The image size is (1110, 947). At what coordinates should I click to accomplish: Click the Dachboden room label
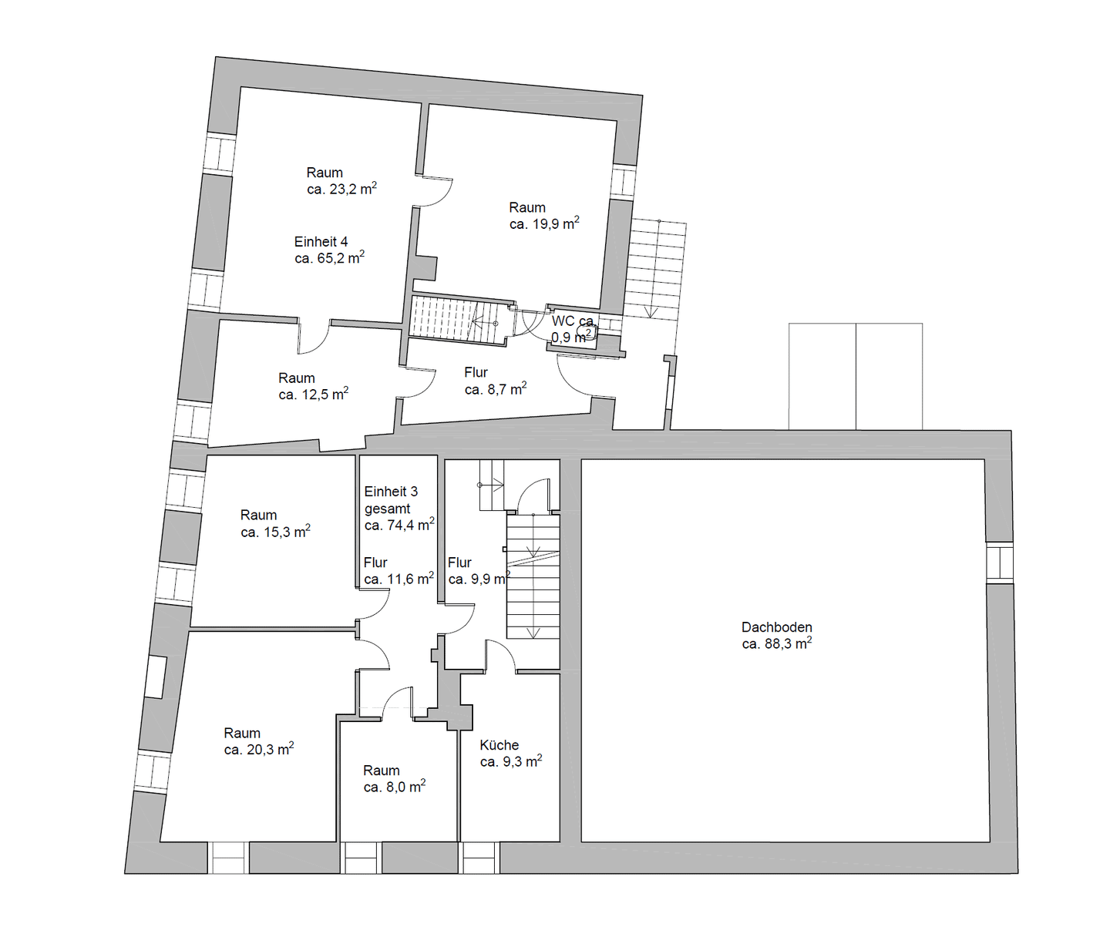(776, 627)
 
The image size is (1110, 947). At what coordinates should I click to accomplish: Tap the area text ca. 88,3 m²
(776, 643)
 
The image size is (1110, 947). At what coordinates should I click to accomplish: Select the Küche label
(499, 745)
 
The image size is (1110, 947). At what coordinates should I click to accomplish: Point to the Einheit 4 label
(321, 242)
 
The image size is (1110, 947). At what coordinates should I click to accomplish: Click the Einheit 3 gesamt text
(391, 500)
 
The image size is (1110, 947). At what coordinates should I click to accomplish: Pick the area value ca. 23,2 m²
(341, 189)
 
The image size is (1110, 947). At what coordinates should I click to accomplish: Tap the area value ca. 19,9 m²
(544, 224)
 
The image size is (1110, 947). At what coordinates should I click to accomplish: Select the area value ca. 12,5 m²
(313, 395)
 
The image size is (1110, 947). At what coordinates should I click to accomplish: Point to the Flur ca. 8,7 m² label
(495, 381)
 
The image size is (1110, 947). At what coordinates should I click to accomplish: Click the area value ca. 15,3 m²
(275, 532)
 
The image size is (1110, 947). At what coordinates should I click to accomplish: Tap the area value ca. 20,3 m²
(259, 750)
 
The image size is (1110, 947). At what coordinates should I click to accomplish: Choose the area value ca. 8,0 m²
(394, 787)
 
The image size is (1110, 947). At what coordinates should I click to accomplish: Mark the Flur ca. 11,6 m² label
(399, 571)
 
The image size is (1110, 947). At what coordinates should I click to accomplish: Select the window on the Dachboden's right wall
(1000, 562)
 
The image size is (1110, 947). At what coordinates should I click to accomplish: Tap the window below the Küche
(479, 858)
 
